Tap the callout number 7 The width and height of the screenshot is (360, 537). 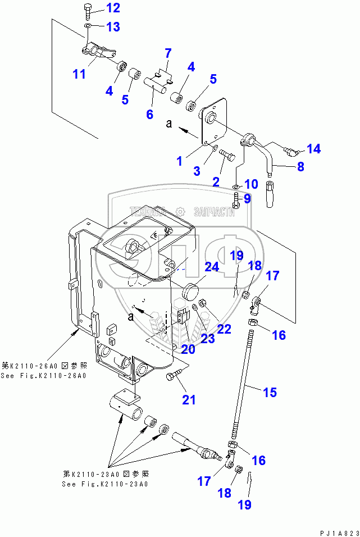point(167,54)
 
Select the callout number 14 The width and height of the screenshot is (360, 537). point(313,148)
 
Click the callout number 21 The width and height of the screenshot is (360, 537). point(189,400)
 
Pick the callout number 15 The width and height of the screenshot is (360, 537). point(270,392)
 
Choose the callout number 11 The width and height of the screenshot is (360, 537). point(80,74)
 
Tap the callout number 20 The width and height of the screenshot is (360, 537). point(188,349)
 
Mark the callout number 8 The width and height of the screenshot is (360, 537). point(300,166)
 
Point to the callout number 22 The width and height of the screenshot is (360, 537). point(224,329)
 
